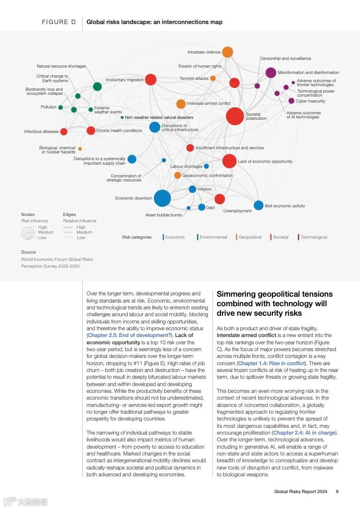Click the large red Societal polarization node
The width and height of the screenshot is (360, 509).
tap(235, 116)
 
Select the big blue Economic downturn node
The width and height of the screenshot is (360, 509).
tap(162, 198)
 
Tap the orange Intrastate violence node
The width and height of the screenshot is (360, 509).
tap(227, 52)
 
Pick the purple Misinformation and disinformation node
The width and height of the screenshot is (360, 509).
tap(271, 73)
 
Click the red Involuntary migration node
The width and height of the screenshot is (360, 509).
tap(151, 80)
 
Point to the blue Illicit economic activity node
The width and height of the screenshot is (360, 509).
tap(258, 206)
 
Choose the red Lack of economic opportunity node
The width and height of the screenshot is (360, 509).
tap(229, 161)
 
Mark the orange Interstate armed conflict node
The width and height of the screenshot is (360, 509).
tap(181, 104)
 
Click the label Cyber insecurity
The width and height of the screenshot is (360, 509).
tap(311, 101)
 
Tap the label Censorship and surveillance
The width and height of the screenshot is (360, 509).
tap(285, 59)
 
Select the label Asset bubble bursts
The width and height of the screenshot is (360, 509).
tap(163, 215)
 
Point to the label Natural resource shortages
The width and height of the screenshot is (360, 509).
tap(61, 66)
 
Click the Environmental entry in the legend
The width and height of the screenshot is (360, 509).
tap(213, 237)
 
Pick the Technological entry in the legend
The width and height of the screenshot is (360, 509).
tap(313, 237)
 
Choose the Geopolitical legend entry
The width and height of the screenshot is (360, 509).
tap(250, 237)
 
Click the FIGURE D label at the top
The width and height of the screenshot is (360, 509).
tap(59, 22)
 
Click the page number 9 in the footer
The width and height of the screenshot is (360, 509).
tap(337, 491)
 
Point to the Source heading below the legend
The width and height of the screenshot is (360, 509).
tap(28, 252)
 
